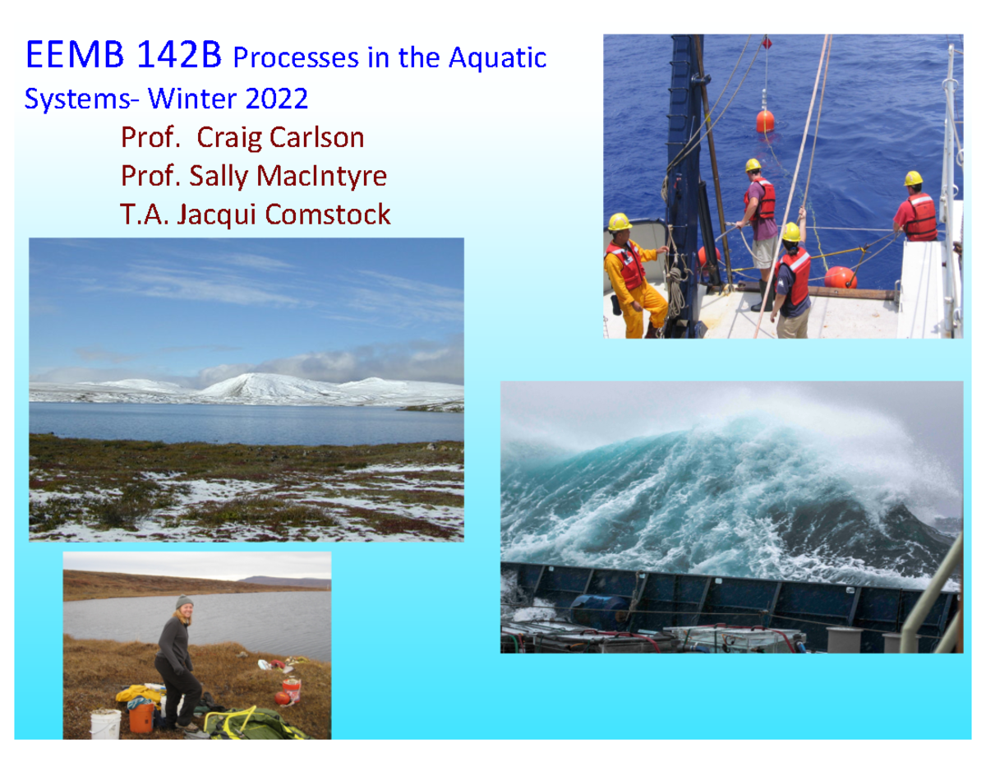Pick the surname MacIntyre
point(323,175)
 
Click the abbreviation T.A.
point(141,214)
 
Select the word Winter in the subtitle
point(192,99)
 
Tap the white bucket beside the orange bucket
point(105,723)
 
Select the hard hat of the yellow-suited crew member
point(619,222)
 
